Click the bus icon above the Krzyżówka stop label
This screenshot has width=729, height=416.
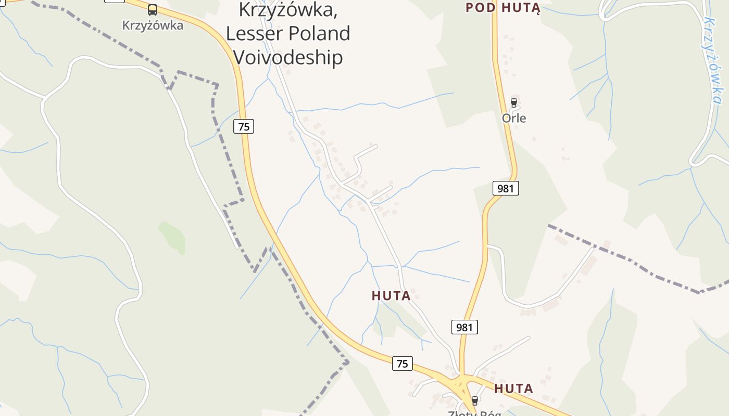coord(152,9)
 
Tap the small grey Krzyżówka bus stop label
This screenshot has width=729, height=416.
coord(152,25)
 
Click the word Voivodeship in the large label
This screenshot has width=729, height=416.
coord(287,57)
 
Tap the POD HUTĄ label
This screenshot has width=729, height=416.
coord(503,7)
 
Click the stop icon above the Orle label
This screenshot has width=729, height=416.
coord(514,102)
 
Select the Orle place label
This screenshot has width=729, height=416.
coord(514,118)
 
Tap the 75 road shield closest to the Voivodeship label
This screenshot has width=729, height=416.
coord(243,126)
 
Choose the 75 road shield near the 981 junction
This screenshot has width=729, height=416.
coord(402,363)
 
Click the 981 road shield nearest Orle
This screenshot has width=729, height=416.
coord(506,188)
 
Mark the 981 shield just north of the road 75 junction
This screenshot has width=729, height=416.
coord(464,327)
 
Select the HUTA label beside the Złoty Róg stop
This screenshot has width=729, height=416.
coord(513,388)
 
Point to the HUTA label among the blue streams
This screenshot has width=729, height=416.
coord(391,296)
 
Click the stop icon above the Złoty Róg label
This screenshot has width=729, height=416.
coord(474,400)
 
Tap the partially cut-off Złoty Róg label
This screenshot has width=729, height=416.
coord(474,413)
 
